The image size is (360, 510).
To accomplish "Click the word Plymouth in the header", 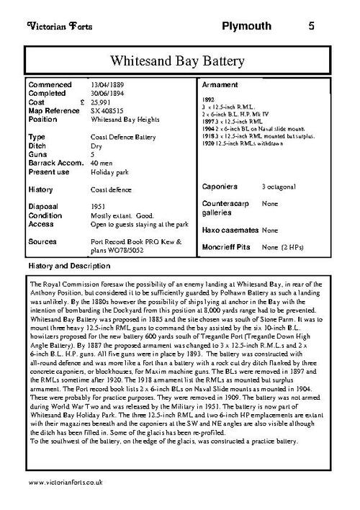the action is [248, 27].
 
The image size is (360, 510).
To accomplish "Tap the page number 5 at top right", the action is [311, 27].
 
